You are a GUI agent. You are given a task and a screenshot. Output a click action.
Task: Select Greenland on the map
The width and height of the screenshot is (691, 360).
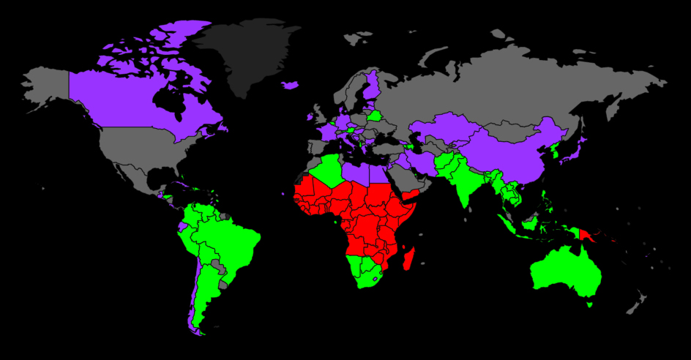[249, 55]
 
